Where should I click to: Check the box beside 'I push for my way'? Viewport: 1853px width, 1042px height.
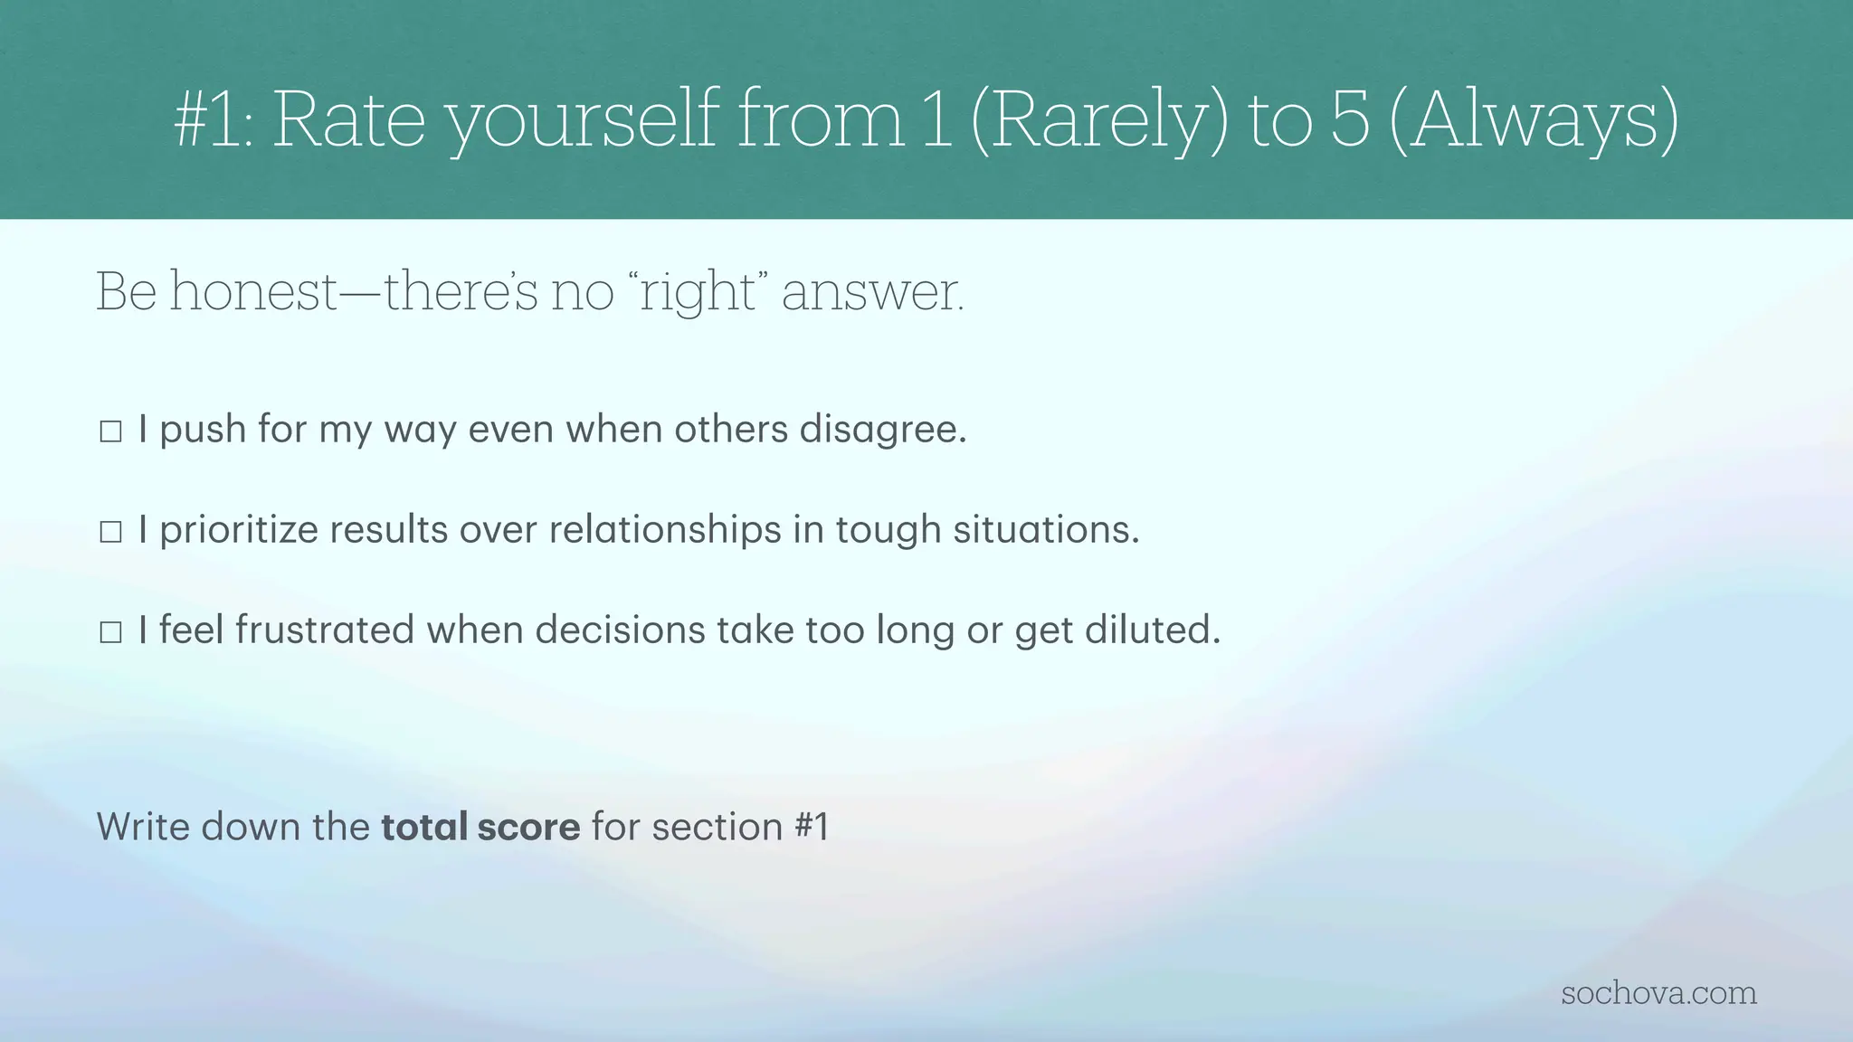(x=110, y=431)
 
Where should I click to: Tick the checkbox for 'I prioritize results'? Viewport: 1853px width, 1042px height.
(x=110, y=532)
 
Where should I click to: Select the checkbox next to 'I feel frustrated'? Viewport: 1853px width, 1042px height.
(x=110, y=632)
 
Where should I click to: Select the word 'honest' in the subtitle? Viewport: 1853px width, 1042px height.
(x=253, y=292)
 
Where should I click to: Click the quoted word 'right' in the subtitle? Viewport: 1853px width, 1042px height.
(x=698, y=292)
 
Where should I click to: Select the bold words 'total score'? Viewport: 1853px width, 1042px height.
(x=480, y=827)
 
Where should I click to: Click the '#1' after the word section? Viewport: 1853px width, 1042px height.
(x=811, y=827)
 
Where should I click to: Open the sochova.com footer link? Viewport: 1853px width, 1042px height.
(x=1658, y=993)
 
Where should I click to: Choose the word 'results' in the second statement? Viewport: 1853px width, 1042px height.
(x=388, y=530)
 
